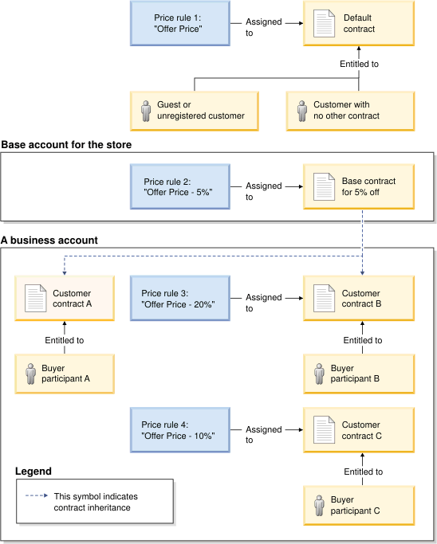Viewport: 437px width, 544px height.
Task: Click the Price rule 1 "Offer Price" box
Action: click(x=179, y=23)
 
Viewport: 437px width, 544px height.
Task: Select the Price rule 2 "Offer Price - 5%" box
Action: click(x=179, y=186)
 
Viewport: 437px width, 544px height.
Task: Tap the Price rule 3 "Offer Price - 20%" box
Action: click(x=179, y=298)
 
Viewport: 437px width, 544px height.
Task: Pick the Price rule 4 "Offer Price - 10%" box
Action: click(x=179, y=429)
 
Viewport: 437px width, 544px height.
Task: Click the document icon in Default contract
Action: click(x=324, y=23)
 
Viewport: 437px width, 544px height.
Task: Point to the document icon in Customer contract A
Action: click(x=37, y=298)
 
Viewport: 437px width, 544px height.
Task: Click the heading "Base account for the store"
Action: click(x=67, y=145)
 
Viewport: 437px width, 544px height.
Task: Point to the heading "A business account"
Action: click(x=50, y=240)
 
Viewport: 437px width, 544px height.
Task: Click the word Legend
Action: click(x=33, y=472)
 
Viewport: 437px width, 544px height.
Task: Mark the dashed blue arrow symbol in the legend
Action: click(x=37, y=495)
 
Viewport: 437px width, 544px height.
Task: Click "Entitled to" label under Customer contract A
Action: click(x=65, y=340)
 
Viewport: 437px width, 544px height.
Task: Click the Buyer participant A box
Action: click(x=65, y=374)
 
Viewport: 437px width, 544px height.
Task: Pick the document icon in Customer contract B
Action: click(x=324, y=298)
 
